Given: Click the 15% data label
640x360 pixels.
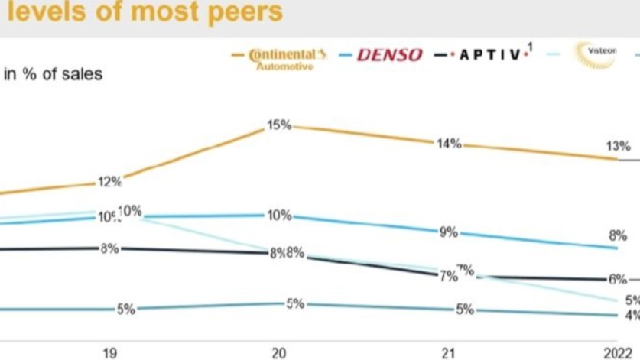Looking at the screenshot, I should coord(279,124).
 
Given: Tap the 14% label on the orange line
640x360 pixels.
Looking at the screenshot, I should coord(449,143).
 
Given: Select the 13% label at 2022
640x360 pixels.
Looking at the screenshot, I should coord(619,146).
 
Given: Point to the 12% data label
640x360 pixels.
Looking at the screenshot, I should coord(109,182).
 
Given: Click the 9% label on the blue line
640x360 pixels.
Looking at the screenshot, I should coord(448,232).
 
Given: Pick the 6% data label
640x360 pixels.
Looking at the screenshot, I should coord(618,280).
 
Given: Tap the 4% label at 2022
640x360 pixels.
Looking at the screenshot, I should coord(632,315).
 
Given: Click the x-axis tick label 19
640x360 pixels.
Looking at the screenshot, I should coord(109,352).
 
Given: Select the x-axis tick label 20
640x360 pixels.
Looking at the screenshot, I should coord(279,352).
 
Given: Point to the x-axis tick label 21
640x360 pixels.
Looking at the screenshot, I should coord(449,352).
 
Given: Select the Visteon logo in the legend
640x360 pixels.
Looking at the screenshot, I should coord(600,51).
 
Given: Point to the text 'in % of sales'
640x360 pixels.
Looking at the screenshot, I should coord(53,74).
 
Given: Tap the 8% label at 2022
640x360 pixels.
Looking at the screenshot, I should coord(619,235).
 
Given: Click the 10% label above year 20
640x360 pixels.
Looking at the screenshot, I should coord(279,216).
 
